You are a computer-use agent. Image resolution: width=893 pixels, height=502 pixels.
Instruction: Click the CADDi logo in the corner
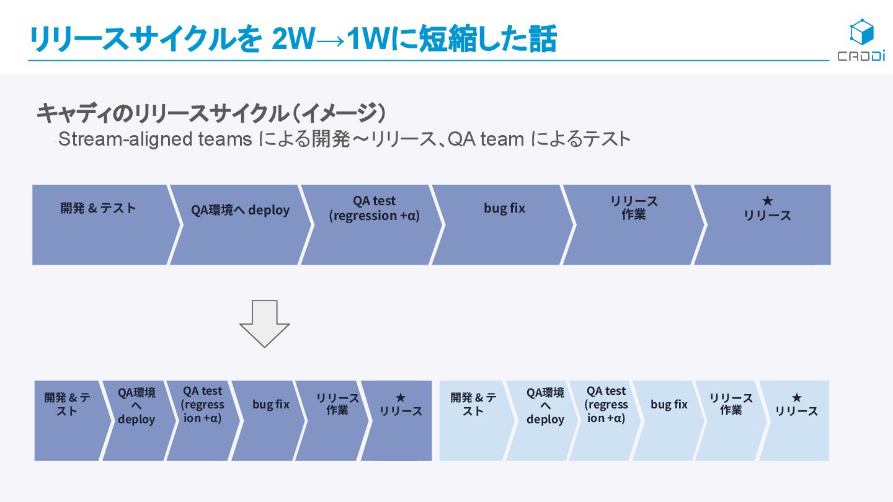861,41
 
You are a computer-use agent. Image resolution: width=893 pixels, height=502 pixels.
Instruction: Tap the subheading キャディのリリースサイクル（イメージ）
211,113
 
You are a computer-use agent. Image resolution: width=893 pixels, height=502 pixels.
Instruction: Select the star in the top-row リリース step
767,201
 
